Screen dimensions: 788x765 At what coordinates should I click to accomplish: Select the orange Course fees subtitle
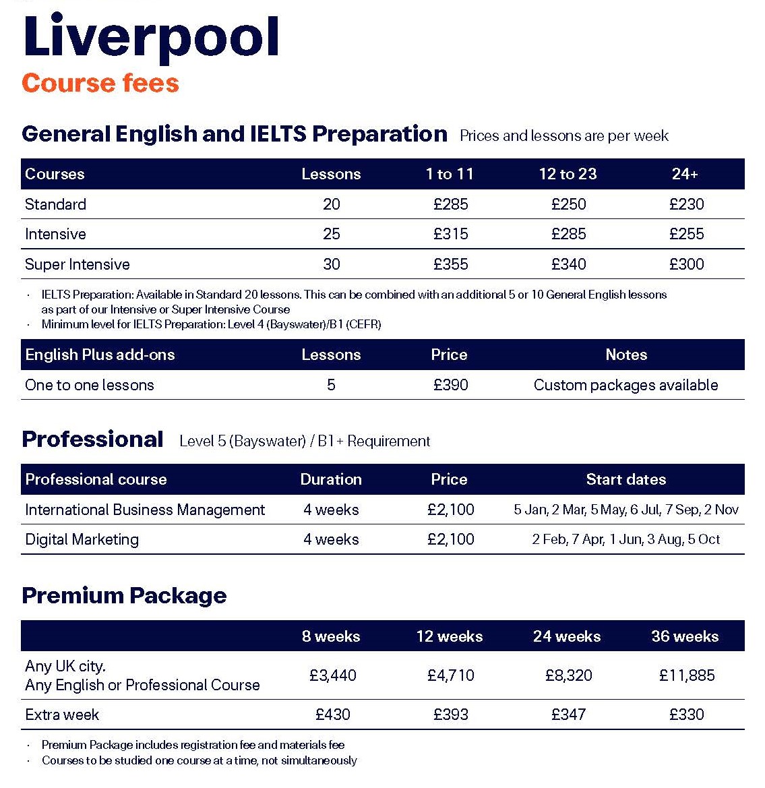point(100,83)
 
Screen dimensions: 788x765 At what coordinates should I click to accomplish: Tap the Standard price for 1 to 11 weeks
point(450,204)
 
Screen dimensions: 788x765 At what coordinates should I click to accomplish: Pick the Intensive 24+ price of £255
point(686,234)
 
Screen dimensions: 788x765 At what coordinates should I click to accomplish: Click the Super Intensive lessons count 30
point(331,264)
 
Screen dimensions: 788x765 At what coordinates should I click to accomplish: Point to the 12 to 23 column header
point(568,174)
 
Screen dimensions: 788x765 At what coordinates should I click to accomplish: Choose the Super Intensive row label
point(78,264)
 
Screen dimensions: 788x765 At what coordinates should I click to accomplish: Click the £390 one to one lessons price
point(450,385)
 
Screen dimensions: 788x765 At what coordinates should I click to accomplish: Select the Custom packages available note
point(625,385)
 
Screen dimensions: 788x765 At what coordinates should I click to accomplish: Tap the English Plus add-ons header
point(100,355)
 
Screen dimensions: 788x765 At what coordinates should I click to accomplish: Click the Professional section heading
point(92,440)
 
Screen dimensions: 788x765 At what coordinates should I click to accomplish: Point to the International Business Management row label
point(145,510)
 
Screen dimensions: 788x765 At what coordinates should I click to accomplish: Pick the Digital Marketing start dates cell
point(625,539)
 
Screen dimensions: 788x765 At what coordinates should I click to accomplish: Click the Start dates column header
point(625,479)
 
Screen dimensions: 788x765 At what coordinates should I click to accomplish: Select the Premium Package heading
point(124,595)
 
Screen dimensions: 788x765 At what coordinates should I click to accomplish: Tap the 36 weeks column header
point(685,636)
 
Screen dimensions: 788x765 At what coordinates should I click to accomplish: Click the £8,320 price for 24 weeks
point(568,675)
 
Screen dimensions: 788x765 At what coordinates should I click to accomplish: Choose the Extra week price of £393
point(450,715)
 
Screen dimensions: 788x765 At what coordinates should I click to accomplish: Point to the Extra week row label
point(62,715)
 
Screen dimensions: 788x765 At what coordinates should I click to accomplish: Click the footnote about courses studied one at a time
point(199,760)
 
